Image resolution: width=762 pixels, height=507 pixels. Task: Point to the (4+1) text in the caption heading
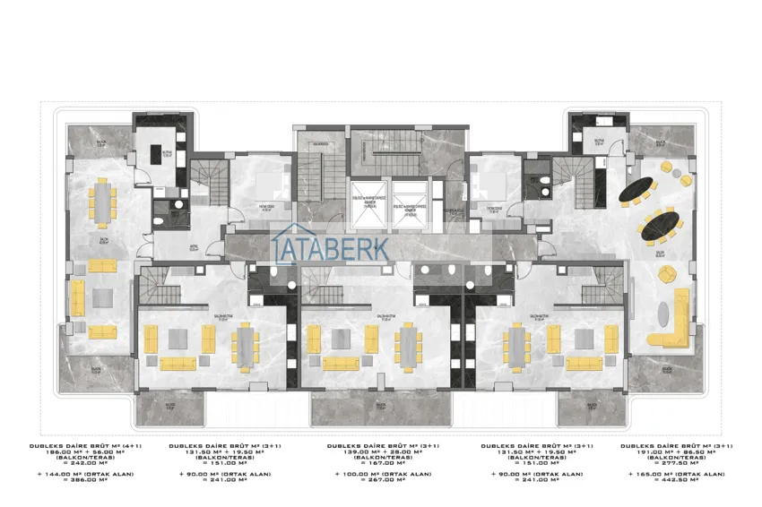coord(130,445)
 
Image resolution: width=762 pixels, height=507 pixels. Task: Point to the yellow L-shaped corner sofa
coord(672,327)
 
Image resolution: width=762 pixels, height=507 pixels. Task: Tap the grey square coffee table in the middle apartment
coord(341,339)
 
